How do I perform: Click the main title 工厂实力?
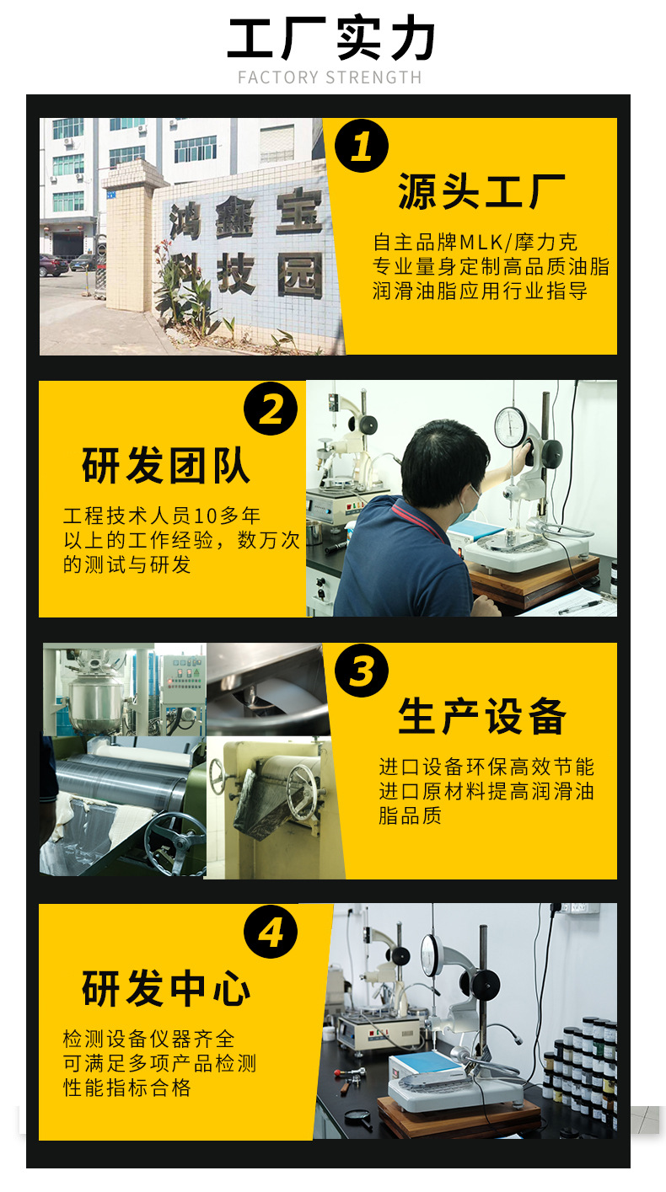click(x=332, y=39)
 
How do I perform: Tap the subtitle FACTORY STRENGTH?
click(x=330, y=78)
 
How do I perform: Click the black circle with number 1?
click(x=362, y=147)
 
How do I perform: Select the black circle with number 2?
click(x=271, y=409)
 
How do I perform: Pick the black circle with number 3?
click(x=362, y=671)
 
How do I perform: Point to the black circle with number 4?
click(x=271, y=933)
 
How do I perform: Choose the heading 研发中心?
click(x=166, y=989)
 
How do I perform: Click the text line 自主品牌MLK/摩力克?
click(x=475, y=243)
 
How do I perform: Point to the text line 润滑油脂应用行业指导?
click(x=481, y=291)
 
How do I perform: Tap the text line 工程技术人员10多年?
click(x=162, y=516)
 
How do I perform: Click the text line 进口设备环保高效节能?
click(x=486, y=767)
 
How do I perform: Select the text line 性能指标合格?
click(x=127, y=1088)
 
